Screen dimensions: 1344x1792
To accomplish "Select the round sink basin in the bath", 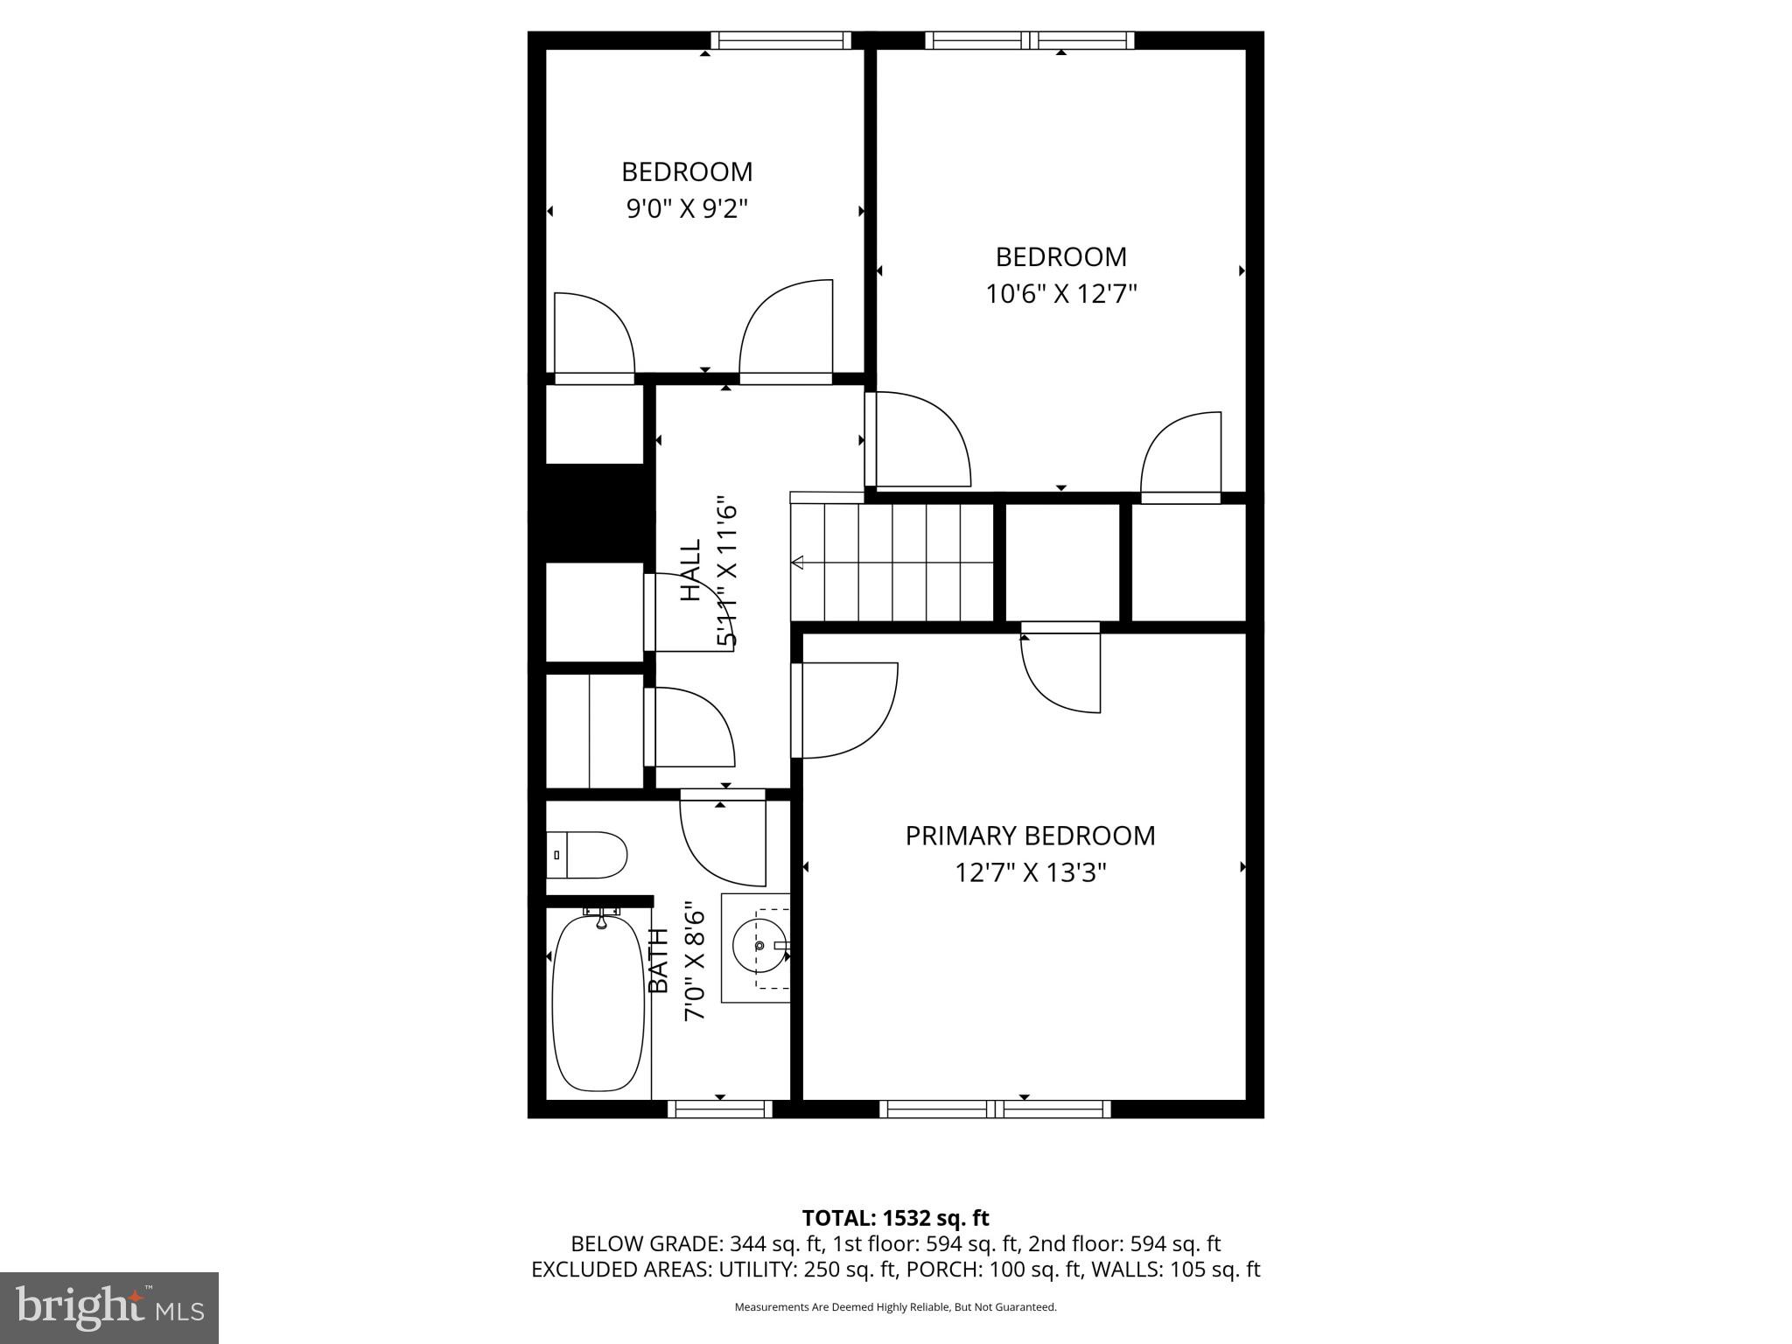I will [759, 946].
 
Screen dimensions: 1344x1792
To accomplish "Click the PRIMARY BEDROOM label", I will [1030, 836].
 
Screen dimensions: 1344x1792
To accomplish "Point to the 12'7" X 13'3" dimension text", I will [1030, 873].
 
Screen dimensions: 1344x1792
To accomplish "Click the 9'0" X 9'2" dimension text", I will [687, 209].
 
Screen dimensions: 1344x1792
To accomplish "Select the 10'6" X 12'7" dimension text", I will [1060, 294].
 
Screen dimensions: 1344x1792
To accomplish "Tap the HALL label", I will [691, 570].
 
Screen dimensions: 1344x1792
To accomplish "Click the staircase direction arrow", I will [798, 563].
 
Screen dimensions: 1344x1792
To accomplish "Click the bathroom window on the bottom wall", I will [720, 1109].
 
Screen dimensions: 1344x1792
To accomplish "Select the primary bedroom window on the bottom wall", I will [995, 1109].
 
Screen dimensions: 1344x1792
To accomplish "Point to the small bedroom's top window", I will [780, 40].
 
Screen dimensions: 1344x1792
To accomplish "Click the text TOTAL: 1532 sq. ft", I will [895, 1218].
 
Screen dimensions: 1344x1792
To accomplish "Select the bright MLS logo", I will [109, 1307].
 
